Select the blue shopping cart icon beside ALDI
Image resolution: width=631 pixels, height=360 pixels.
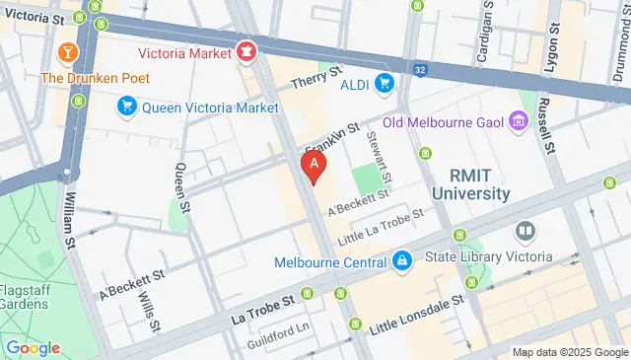click(385, 83)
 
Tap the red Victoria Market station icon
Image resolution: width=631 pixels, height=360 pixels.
click(245, 47)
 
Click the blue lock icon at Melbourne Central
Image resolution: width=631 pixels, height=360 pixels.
click(401, 261)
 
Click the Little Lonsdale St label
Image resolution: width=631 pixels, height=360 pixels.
click(416, 310)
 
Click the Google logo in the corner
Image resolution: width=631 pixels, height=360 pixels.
click(33, 347)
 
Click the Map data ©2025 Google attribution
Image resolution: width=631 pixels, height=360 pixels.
click(570, 352)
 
